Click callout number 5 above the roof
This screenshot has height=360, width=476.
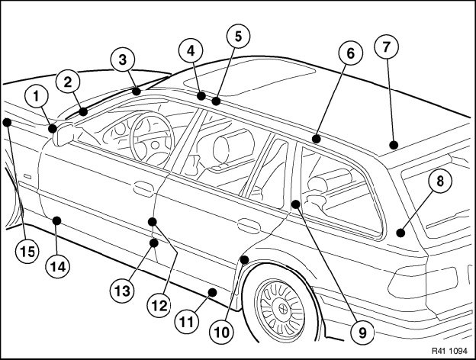(x=238, y=36)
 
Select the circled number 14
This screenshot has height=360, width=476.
(x=57, y=265)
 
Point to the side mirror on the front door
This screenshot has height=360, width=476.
(x=63, y=133)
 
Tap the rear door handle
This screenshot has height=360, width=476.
(x=246, y=225)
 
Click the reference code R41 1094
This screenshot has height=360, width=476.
(x=450, y=352)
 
